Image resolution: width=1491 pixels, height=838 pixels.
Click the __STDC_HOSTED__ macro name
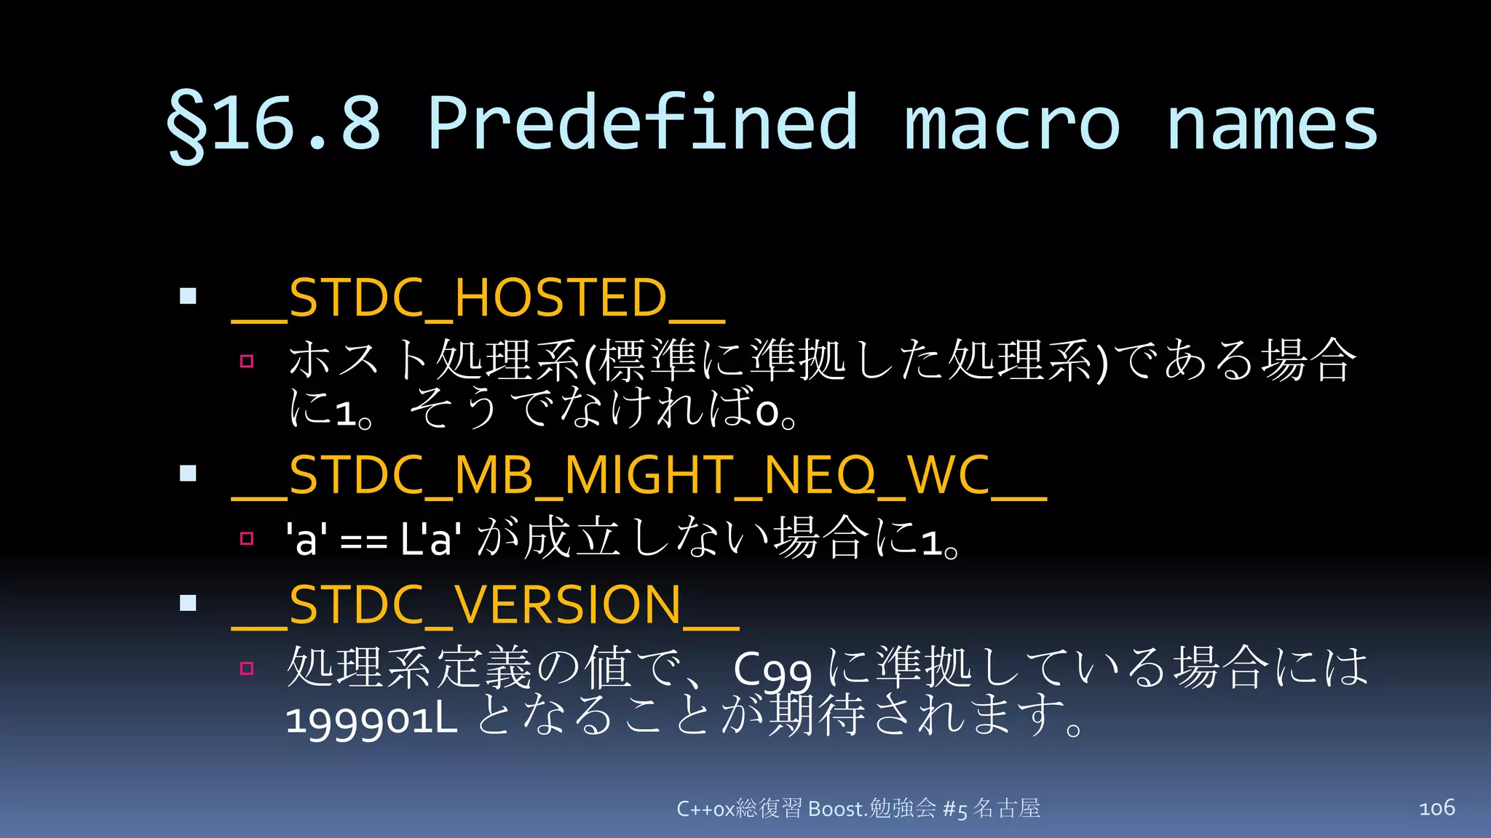478,298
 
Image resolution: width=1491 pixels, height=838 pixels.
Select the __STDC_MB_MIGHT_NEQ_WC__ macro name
638,476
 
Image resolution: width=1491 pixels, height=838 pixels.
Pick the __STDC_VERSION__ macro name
485,605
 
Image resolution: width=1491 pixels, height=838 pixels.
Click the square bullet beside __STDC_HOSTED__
188,296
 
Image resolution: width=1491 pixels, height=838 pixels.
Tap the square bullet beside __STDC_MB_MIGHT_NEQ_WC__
188,474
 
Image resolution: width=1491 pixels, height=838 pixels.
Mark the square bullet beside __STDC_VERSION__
188,603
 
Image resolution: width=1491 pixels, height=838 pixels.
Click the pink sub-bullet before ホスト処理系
247,361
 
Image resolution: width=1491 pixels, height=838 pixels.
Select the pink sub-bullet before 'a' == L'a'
247,538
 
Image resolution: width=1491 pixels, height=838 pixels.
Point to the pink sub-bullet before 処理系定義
247,668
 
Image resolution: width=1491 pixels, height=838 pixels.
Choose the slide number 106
1436,807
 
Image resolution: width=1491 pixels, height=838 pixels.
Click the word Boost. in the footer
837,809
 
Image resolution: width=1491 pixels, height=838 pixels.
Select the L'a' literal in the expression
430,540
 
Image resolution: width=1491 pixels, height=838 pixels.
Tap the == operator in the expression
363,543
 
